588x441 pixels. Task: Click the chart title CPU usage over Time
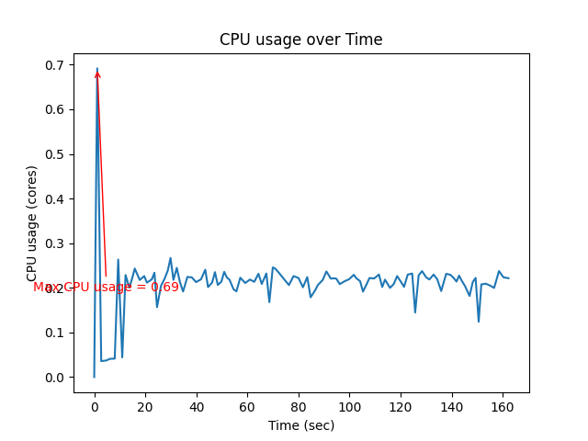pyautogui.click(x=300, y=40)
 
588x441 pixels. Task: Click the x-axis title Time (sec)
pyautogui.click(x=300, y=425)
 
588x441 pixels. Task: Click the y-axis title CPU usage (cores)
pyautogui.click(x=32, y=223)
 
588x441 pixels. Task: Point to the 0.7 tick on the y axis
pyautogui.click(x=57, y=65)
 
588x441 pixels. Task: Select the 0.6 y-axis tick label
pyautogui.click(x=57, y=110)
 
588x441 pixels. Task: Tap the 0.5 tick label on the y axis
pyautogui.click(x=57, y=154)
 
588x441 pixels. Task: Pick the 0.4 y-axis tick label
pyautogui.click(x=57, y=199)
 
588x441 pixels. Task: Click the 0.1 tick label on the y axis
pyautogui.click(x=57, y=333)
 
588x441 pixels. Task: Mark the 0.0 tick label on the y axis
pyautogui.click(x=57, y=378)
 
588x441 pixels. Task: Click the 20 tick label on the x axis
pyautogui.click(x=145, y=407)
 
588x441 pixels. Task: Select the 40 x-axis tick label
pyautogui.click(x=196, y=407)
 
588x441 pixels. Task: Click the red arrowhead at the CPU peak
pyautogui.click(x=97, y=73)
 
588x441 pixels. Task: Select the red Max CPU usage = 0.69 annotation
pyautogui.click(x=106, y=288)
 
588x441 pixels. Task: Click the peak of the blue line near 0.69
pyautogui.click(x=97, y=68)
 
